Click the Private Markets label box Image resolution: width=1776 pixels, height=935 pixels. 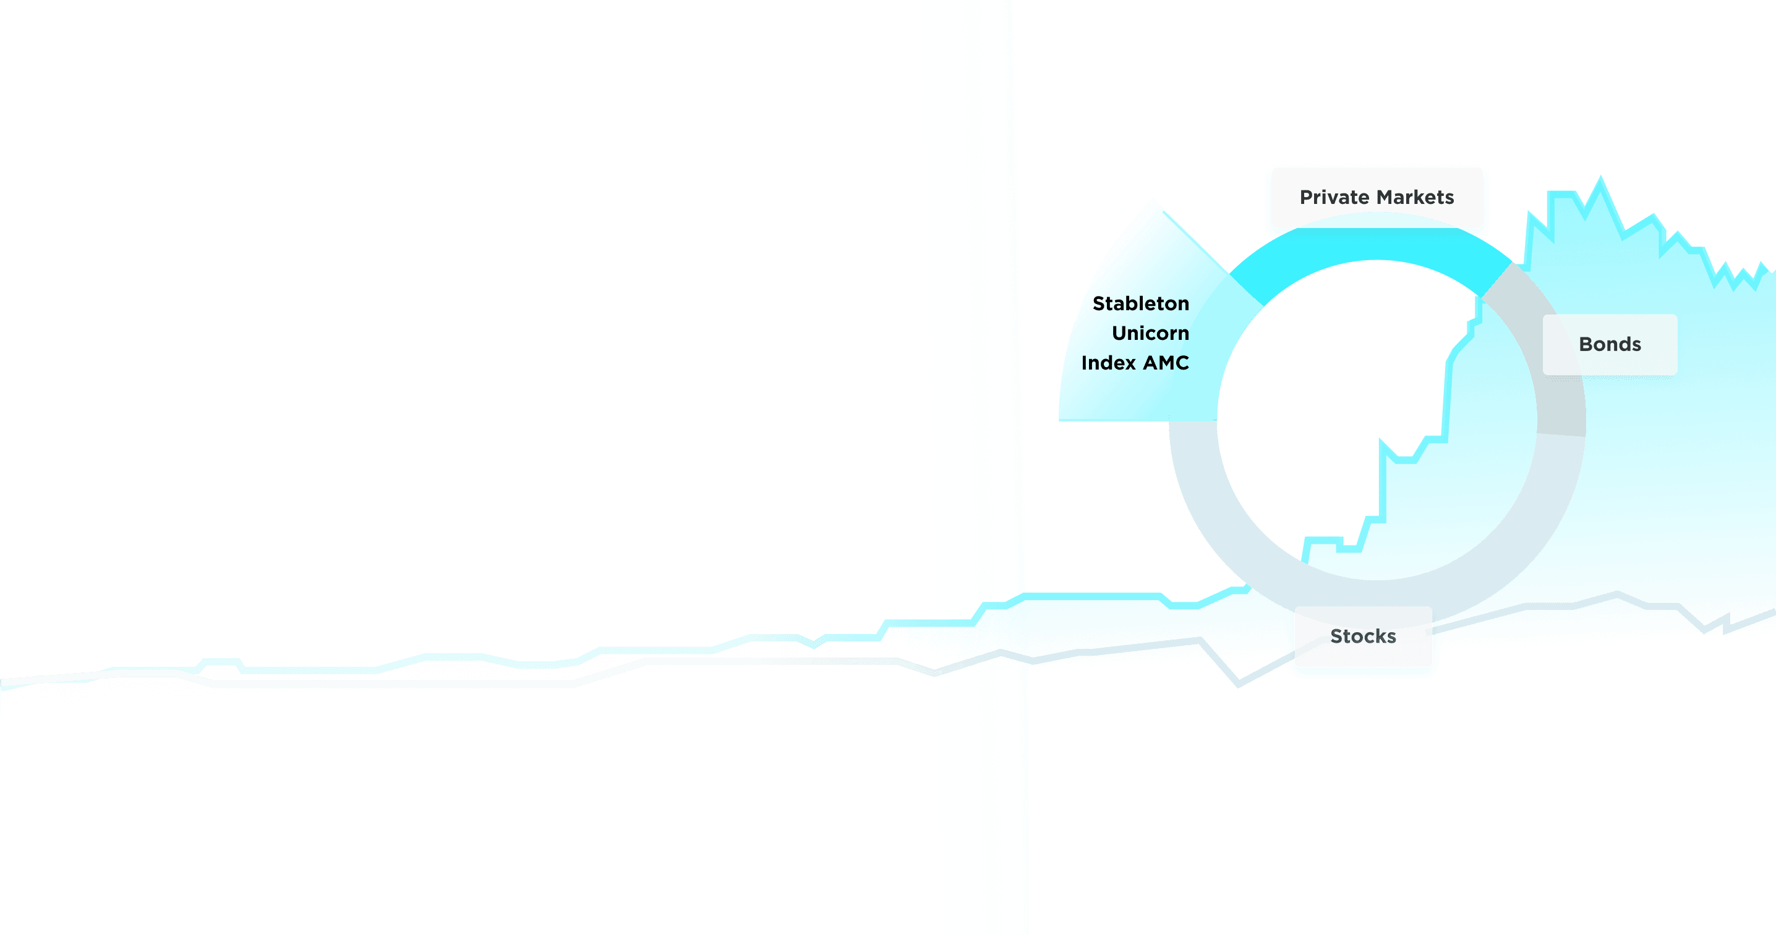pos(1377,197)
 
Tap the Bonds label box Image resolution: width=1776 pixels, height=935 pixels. pos(1610,344)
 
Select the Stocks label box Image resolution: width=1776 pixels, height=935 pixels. pos(1363,636)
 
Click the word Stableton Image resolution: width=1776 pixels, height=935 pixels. pos(1141,303)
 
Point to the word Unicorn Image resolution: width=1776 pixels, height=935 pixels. pos(1151,333)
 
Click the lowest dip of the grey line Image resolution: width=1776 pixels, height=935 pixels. pos(1239,685)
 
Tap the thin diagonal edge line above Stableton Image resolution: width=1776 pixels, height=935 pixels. pos(1196,243)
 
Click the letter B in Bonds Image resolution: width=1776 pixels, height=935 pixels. pos(1586,344)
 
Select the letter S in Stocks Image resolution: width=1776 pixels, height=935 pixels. pos(1338,636)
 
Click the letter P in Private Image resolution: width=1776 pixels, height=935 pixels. pos(1307,197)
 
